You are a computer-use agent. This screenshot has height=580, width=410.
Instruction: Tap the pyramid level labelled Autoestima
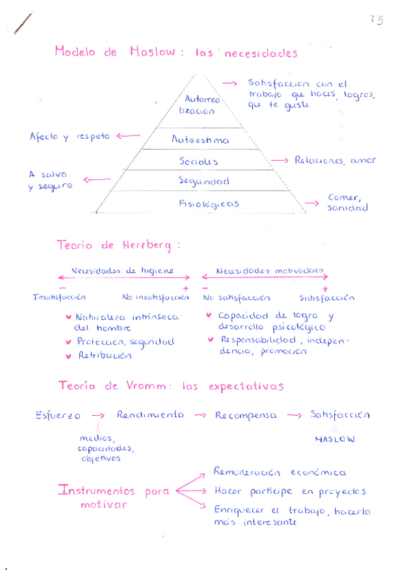[x=200, y=140]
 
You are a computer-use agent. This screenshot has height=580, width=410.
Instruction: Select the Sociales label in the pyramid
[x=199, y=161]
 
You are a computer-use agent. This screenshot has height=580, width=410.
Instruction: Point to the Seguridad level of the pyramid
[x=204, y=181]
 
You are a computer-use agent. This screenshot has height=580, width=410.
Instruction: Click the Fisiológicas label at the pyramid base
[x=208, y=203]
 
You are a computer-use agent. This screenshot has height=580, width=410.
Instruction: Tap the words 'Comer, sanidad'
[x=347, y=202]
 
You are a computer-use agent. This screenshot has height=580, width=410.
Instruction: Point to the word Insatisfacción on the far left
[x=59, y=298]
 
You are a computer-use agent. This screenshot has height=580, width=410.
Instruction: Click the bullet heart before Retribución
[x=68, y=356]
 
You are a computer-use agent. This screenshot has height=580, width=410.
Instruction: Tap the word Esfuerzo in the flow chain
[x=58, y=415]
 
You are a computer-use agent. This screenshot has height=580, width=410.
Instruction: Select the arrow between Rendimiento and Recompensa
[x=201, y=415]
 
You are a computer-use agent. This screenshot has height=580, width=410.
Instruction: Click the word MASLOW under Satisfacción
[x=335, y=439]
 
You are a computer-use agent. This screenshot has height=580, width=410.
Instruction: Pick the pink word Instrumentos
[x=98, y=491]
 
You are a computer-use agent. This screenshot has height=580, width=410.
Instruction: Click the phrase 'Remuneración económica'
[x=279, y=473]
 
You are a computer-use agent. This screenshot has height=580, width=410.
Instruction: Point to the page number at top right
[x=376, y=20]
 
